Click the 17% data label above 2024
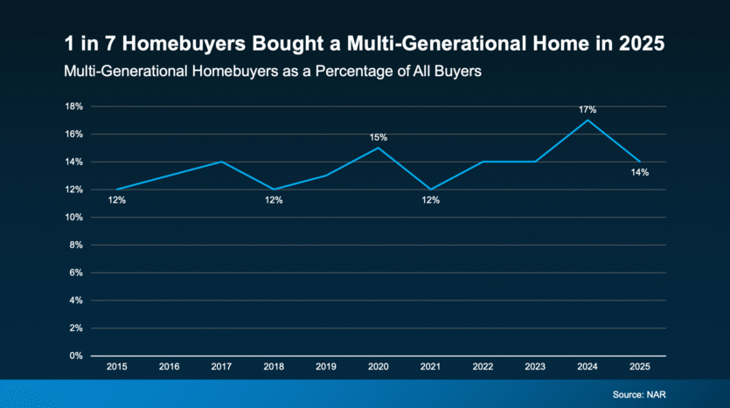click(x=587, y=109)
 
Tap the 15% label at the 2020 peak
click(x=378, y=137)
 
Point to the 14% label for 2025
click(x=640, y=172)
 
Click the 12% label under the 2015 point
click(x=116, y=200)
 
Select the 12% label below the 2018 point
click(x=274, y=200)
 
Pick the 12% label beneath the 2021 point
click(x=430, y=200)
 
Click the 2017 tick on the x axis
click(x=221, y=368)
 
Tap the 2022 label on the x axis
click(x=483, y=368)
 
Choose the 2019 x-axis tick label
click(x=326, y=368)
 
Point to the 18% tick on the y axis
click(x=73, y=107)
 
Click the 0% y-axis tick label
click(x=76, y=356)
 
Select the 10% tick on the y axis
click(x=73, y=218)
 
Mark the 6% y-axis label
click(x=76, y=273)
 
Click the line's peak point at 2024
click(x=587, y=120)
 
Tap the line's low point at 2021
click(x=430, y=190)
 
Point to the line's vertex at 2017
click(x=221, y=162)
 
